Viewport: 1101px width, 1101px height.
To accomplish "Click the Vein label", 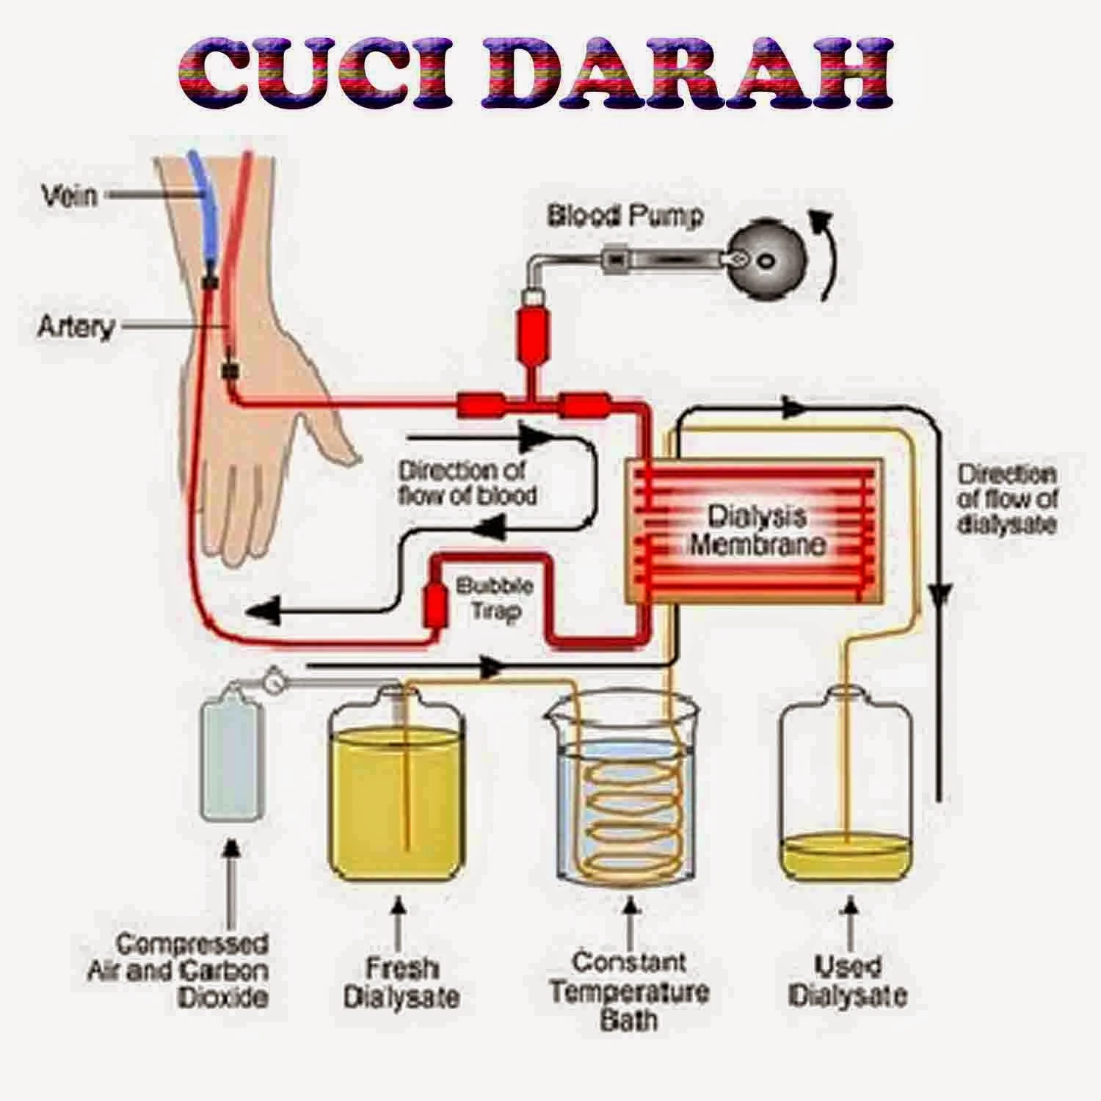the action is pos(69,196).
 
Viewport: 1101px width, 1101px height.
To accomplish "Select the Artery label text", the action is pos(76,327).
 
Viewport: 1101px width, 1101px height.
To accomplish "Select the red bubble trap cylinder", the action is pos(436,603).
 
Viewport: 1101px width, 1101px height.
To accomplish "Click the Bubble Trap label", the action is pos(494,598).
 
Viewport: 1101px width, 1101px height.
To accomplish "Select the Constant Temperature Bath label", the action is pos(629,991).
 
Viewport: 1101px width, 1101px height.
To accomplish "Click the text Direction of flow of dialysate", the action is pos(1007,499).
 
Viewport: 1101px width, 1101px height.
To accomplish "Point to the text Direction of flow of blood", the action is pos(467,482).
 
